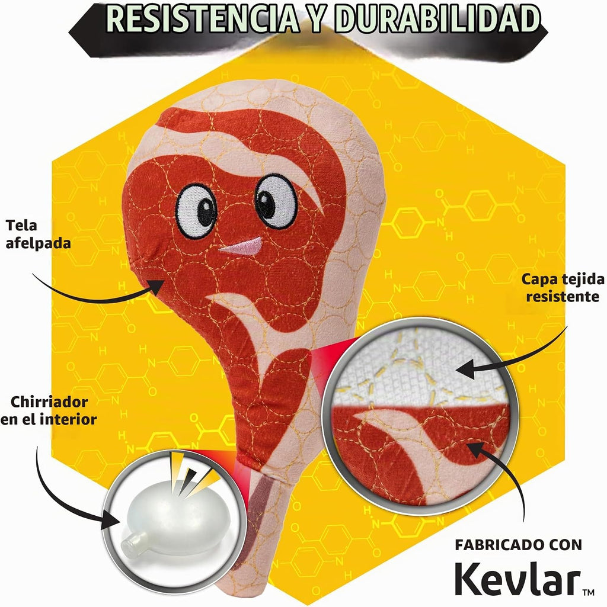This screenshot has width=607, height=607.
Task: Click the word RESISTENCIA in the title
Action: [202, 18]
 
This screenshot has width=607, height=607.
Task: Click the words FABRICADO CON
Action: [519, 545]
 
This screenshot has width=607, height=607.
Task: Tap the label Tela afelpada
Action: [37, 234]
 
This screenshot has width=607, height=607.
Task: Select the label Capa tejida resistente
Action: [563, 288]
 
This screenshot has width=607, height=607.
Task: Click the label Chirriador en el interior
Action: [49, 410]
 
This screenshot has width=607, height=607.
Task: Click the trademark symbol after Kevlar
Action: [589, 592]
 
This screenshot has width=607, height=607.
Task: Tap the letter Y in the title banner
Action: [317, 18]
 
